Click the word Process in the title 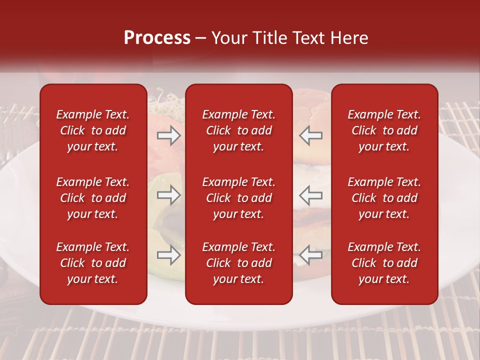[x=157, y=38]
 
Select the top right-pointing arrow [x=168, y=135]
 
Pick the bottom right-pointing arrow [x=168, y=255]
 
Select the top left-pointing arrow [x=311, y=135]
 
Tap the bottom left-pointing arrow [x=311, y=255]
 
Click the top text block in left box [x=93, y=130]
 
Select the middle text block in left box [x=93, y=198]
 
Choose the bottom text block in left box [x=93, y=263]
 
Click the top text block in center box [x=238, y=130]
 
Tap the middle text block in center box [x=238, y=198]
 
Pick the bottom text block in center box [x=238, y=263]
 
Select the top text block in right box [x=384, y=130]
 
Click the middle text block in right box [x=384, y=198]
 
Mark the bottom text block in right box [x=384, y=263]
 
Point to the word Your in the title [x=228, y=38]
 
